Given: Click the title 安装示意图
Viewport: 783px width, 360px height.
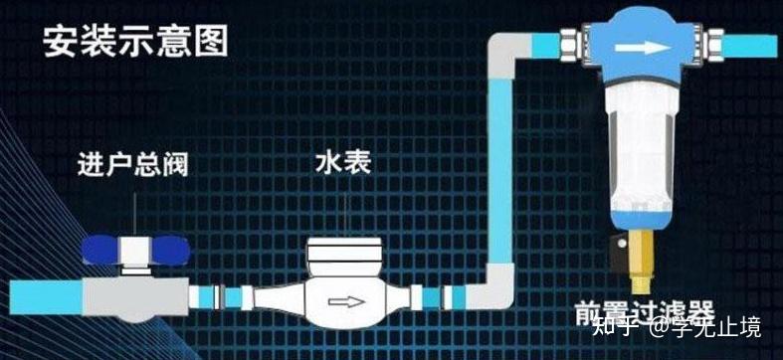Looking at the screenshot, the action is [x=136, y=41].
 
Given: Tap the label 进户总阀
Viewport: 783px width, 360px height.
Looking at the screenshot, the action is [x=133, y=166].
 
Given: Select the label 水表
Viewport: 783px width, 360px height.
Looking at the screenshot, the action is [x=343, y=163].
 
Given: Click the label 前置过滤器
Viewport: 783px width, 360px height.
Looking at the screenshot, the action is [x=644, y=313].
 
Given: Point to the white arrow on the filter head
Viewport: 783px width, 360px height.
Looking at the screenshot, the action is [x=643, y=48].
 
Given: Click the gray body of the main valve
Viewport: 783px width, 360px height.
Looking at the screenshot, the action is [x=136, y=297].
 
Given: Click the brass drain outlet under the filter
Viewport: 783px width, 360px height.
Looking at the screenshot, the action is [x=641, y=262].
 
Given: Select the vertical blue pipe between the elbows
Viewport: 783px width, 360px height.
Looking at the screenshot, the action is [x=499, y=171].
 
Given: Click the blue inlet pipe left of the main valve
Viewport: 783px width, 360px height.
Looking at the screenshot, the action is [x=46, y=297].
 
